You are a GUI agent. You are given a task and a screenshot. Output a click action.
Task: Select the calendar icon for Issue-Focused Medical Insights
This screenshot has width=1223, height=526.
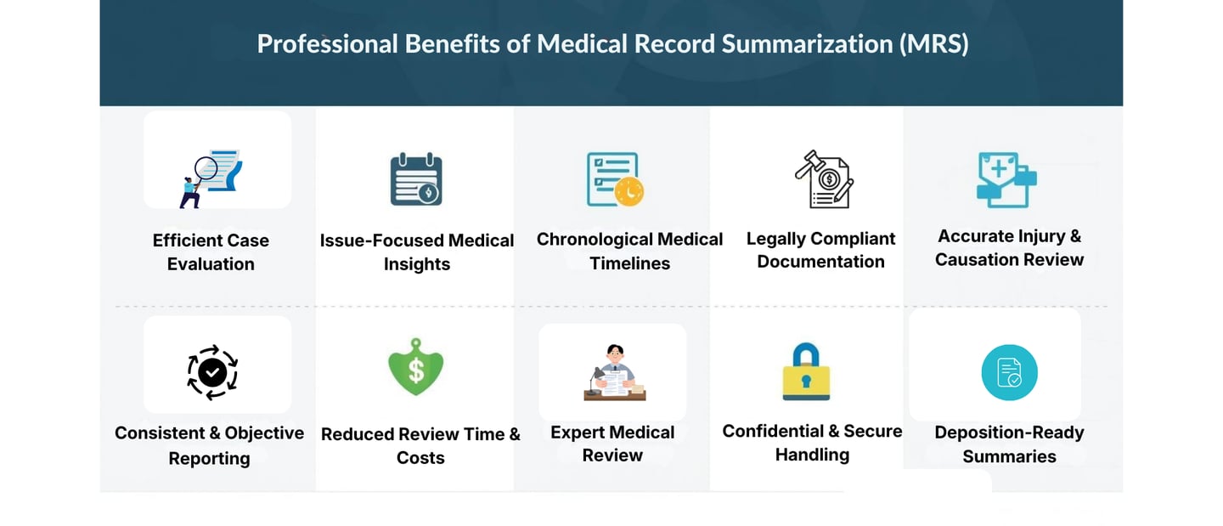click(415, 179)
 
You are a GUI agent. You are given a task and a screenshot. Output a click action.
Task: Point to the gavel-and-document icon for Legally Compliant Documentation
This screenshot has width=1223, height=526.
click(823, 179)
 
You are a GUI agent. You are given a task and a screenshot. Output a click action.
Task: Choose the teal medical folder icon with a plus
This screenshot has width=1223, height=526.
click(1006, 179)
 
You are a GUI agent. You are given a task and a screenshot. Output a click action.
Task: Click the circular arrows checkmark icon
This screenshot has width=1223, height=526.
click(212, 371)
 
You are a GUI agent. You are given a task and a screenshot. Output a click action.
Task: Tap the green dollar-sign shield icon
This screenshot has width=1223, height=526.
click(416, 367)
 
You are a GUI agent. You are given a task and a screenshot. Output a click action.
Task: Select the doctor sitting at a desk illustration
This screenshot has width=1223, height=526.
click(614, 373)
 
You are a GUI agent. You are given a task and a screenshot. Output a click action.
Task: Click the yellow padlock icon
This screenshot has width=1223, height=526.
click(806, 371)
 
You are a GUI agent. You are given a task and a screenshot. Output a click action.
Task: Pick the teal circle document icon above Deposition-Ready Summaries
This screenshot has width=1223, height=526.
click(1009, 372)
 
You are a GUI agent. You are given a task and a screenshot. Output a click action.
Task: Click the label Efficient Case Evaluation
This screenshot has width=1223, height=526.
click(211, 252)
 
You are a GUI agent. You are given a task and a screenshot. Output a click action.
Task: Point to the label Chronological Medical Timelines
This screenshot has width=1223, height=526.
click(629, 252)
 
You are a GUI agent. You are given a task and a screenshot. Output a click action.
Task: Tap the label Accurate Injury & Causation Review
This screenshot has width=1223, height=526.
click(1009, 248)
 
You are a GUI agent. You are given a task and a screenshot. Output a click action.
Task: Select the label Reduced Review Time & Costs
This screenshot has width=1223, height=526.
click(420, 446)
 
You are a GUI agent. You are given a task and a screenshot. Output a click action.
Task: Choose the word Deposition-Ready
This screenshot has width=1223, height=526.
click(1009, 433)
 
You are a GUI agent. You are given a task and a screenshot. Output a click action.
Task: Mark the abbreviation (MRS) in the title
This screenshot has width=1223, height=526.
click(933, 44)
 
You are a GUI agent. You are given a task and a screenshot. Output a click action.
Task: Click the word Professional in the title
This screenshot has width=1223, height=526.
click(327, 44)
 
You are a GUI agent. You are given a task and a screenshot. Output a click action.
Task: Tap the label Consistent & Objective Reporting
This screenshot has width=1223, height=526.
click(209, 445)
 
